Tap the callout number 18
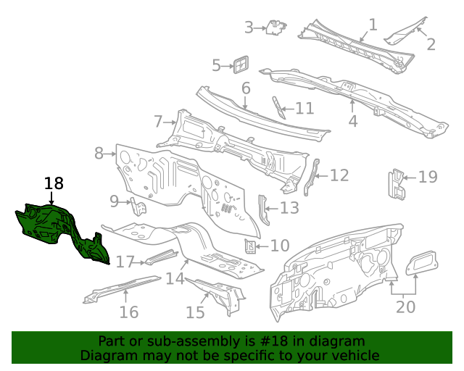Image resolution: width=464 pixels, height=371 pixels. [x=54, y=183]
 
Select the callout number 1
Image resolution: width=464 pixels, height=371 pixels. [x=373, y=25]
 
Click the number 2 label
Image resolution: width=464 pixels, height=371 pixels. [x=431, y=44]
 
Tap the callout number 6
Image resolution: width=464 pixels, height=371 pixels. [x=246, y=88]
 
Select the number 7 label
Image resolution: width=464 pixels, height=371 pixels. [x=158, y=121]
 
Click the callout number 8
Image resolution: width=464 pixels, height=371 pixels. [x=99, y=153]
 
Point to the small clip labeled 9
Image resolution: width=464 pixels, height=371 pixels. [x=138, y=207]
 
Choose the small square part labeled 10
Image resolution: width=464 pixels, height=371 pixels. [x=250, y=246]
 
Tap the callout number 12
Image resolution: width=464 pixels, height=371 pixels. [x=339, y=175]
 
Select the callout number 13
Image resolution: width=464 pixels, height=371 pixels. [x=289, y=209]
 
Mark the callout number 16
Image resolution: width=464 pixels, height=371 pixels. [x=128, y=312]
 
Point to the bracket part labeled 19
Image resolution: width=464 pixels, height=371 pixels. [x=396, y=184]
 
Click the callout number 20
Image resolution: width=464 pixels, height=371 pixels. [x=405, y=307]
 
